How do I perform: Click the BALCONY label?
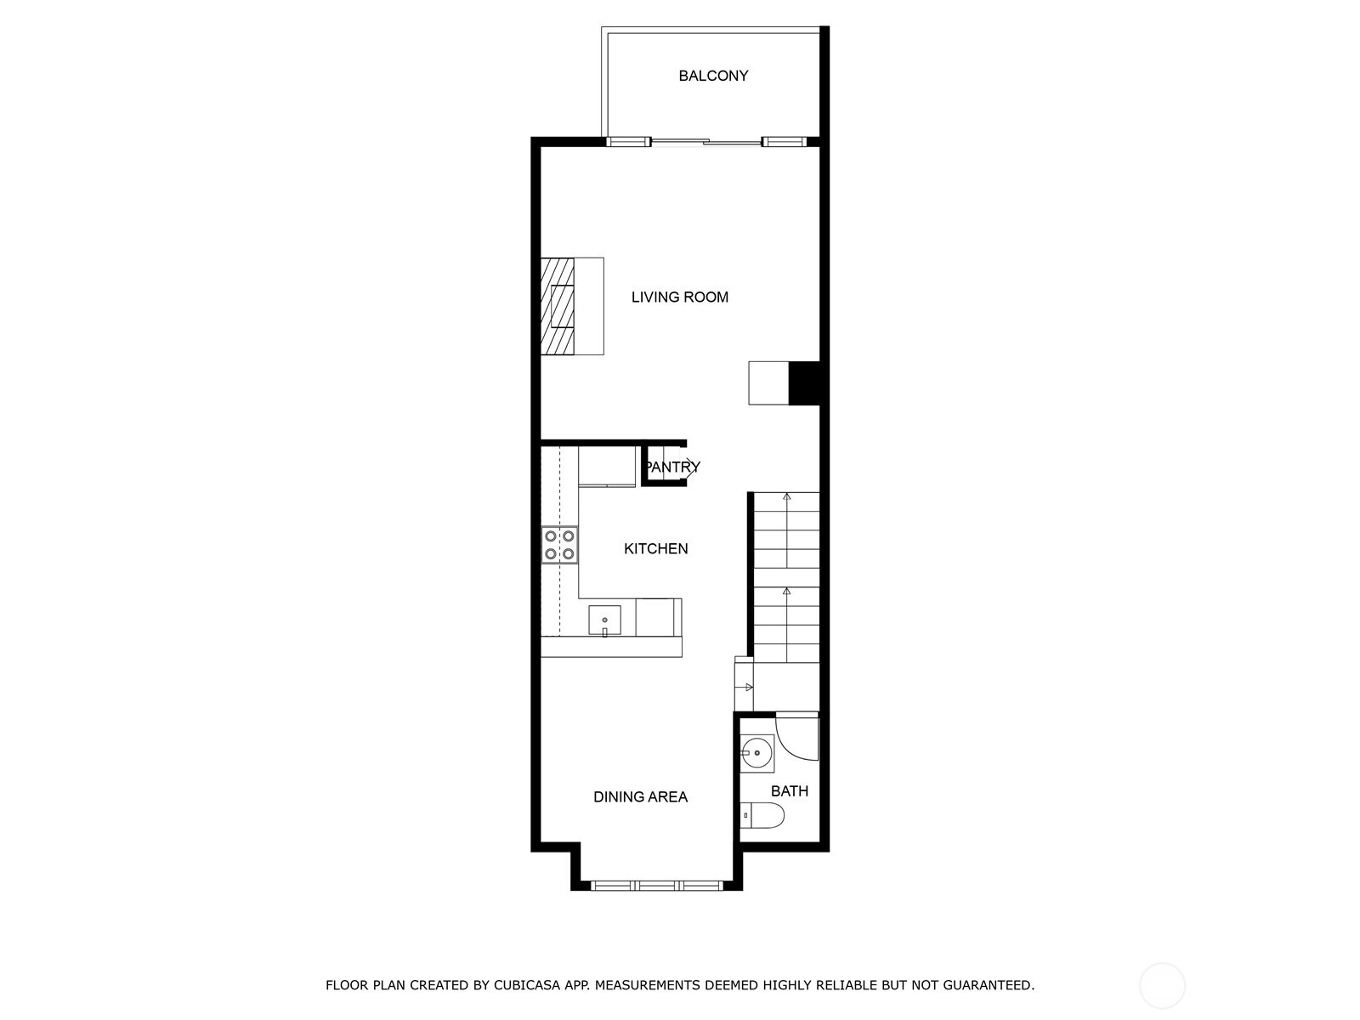713,76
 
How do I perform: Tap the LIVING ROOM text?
680,297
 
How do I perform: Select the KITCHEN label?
656,548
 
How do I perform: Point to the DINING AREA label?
640,796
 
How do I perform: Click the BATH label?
790,790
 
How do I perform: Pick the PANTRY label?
672,467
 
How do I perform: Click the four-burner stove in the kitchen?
560,545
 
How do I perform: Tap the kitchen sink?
604,620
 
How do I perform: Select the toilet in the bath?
762,816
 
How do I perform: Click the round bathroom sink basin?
756,752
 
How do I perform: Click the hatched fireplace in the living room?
558,306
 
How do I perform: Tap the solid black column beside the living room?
804,383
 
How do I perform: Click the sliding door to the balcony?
705,142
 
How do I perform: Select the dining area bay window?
657,885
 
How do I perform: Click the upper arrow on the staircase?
787,496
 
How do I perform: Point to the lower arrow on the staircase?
787,591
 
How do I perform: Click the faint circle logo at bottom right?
1162,986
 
